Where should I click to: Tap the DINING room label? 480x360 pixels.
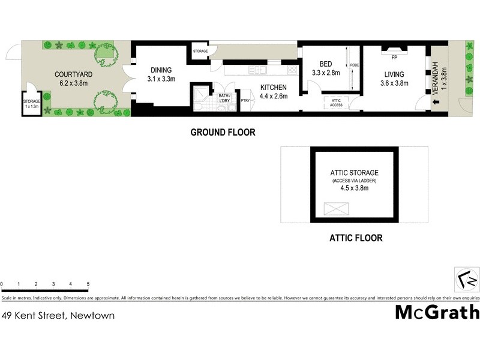(x=161, y=70)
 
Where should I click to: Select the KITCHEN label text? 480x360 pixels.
(x=274, y=87)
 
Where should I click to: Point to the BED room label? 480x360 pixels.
(x=326, y=64)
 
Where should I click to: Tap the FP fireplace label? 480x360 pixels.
(x=394, y=58)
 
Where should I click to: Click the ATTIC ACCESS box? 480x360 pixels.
(x=336, y=103)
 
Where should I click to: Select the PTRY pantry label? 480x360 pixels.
(x=245, y=100)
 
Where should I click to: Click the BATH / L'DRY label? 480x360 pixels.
(x=225, y=98)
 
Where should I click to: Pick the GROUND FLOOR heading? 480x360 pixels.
(x=223, y=132)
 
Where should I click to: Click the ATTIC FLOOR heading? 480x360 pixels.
(x=355, y=238)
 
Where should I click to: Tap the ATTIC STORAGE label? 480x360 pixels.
(x=355, y=173)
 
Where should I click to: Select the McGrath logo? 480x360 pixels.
(x=437, y=312)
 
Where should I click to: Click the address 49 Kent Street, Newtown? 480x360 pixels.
(x=58, y=315)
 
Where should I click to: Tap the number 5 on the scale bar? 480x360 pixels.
(x=88, y=283)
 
